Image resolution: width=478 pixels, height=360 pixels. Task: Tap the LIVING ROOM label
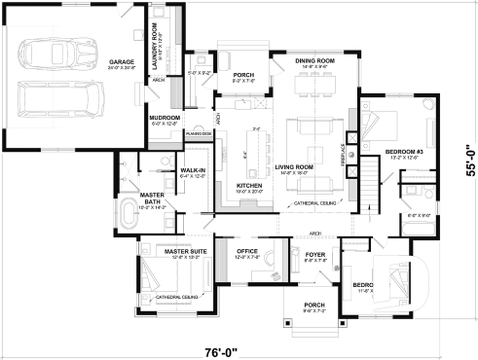pyautogui.click(x=293, y=167)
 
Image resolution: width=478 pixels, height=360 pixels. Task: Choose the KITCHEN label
pyautogui.click(x=249, y=185)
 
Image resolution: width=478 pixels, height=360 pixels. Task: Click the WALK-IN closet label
pyautogui.click(x=192, y=171)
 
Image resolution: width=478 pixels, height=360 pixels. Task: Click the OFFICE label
pyautogui.click(x=247, y=252)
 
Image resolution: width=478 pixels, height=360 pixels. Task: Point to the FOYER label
pyautogui.click(x=315, y=255)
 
